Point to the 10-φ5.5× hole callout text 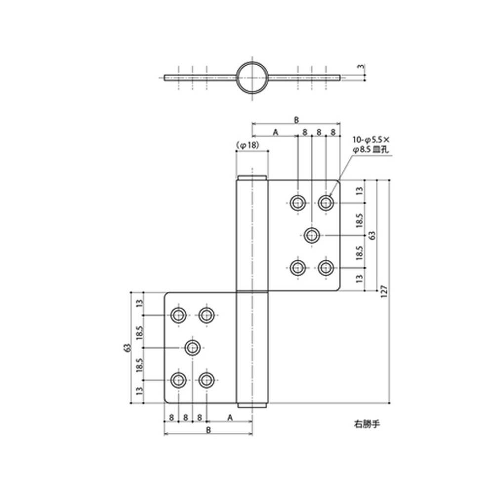[371, 140]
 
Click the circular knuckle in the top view [252, 78]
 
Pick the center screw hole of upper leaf [311, 235]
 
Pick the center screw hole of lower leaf [193, 348]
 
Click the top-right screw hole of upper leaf [326, 203]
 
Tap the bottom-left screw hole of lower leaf [178, 380]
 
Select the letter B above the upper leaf [296, 120]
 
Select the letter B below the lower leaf [208, 430]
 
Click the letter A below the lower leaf [230, 417]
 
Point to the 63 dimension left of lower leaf [127, 348]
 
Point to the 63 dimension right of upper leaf [372, 235]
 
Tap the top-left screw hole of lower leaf [178, 314]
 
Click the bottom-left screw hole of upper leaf [297, 268]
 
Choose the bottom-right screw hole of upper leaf [325, 268]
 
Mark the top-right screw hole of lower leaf [206, 314]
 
